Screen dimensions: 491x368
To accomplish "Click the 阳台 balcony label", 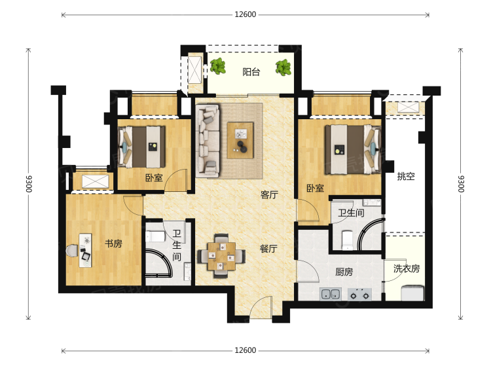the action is click(251, 72).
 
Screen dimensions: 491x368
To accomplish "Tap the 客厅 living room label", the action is click(269, 195).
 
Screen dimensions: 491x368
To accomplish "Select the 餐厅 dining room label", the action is click(268, 249).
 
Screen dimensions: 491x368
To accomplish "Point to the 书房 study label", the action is click(113, 244).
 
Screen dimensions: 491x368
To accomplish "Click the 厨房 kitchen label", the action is click(344, 272).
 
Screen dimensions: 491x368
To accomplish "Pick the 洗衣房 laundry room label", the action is click(407, 268).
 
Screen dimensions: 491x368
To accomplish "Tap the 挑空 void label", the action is click(406, 176).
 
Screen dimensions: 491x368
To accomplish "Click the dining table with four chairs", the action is click(221, 256).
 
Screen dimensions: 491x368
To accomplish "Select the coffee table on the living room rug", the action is click(240, 140).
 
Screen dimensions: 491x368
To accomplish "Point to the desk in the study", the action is click(85, 250).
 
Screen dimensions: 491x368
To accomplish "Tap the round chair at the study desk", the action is click(72, 251).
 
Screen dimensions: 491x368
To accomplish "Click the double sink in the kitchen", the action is click(331, 294).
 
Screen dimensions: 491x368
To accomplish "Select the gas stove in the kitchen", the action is click(359, 295).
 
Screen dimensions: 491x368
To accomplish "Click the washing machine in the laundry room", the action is click(412, 293).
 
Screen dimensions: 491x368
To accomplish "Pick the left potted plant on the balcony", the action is click(217, 66).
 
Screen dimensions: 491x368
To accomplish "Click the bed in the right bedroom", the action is click(353, 149).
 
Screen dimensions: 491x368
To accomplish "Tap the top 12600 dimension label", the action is click(245, 14).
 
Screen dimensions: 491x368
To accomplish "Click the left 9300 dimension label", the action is click(29, 184).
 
